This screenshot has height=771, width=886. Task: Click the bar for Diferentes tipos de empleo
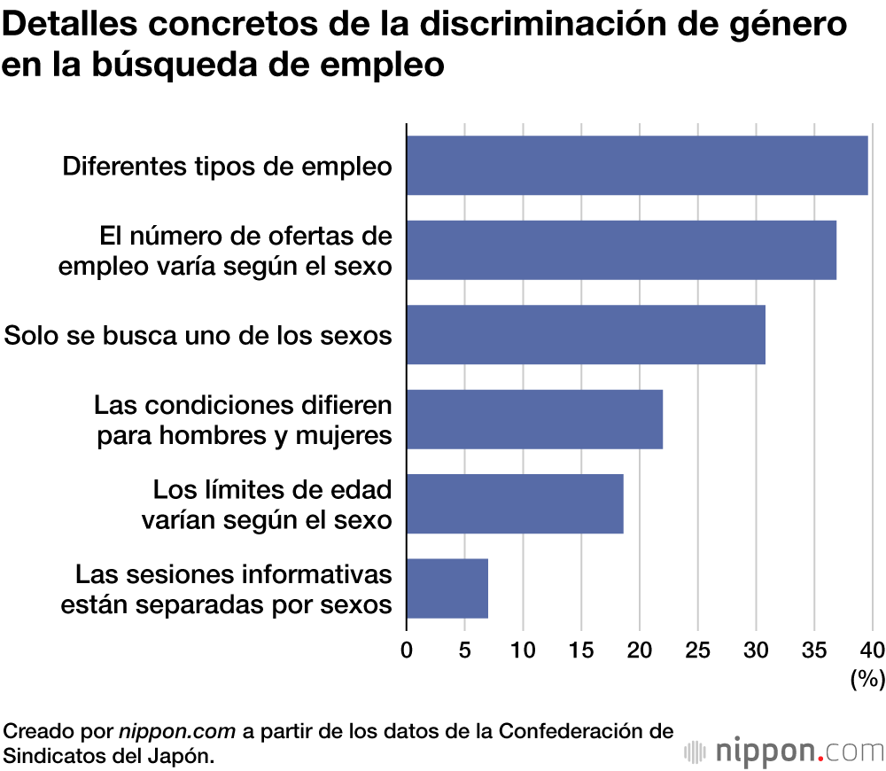click(x=637, y=166)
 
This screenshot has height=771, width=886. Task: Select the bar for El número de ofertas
click(x=621, y=250)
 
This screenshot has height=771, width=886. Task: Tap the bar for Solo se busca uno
click(x=586, y=335)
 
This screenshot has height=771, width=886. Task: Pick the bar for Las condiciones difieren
click(x=534, y=419)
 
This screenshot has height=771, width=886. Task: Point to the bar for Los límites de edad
click(x=515, y=503)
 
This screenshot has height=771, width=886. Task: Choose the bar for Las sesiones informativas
click(x=447, y=588)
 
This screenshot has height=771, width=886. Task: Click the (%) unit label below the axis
click(x=867, y=679)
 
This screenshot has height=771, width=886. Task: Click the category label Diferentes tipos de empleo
click(x=227, y=166)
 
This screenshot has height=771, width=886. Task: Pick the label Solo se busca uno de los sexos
click(x=198, y=336)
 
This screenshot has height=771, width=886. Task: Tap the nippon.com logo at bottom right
click(x=784, y=752)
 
